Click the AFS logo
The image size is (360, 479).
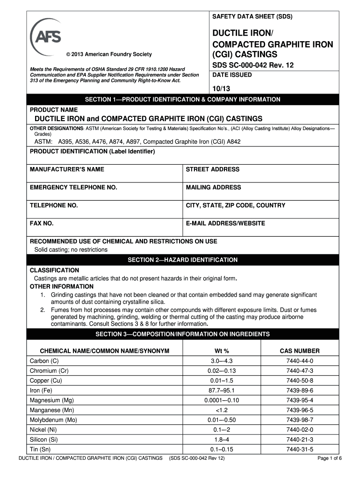[x=46, y=35]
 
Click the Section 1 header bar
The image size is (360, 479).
[x=182, y=100]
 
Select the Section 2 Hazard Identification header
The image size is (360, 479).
[x=182, y=260]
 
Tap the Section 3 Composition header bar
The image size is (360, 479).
[x=182, y=334]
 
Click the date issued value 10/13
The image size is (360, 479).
[x=221, y=88]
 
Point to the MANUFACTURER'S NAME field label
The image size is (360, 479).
[x=67, y=169]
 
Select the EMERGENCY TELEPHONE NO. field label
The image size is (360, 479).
[x=73, y=187]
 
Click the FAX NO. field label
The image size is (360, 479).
[x=42, y=223]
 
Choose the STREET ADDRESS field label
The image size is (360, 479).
[x=212, y=169]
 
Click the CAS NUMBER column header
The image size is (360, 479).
[x=299, y=351]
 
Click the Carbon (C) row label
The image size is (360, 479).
[x=44, y=361]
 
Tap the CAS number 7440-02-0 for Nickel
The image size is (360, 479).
[x=299, y=429]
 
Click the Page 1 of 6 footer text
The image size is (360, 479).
[x=330, y=458]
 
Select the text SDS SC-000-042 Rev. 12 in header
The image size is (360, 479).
[x=253, y=65]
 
